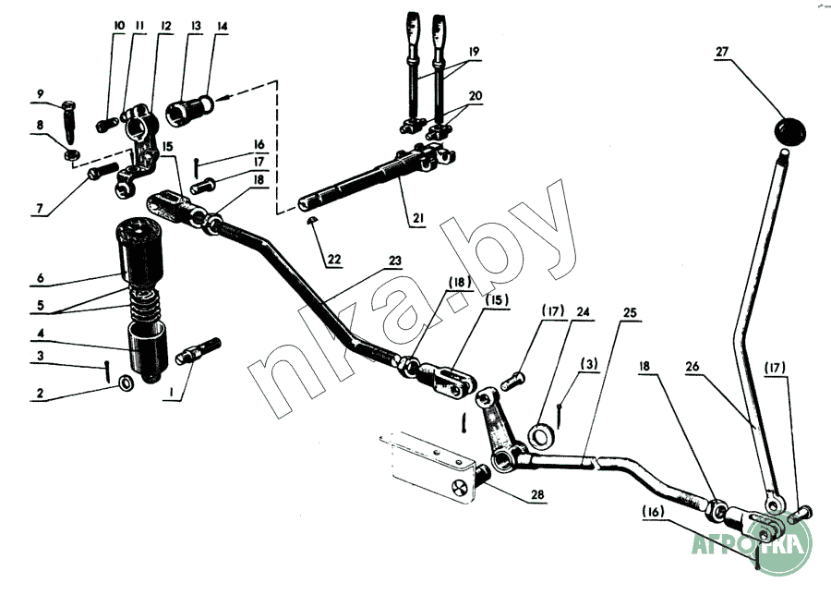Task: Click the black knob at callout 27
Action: [x=789, y=129]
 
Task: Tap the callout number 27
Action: [x=722, y=52]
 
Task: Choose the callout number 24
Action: [x=580, y=311]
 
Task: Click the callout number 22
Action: [x=333, y=259]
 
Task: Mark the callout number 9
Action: [x=41, y=93]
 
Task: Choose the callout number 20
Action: [x=475, y=95]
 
